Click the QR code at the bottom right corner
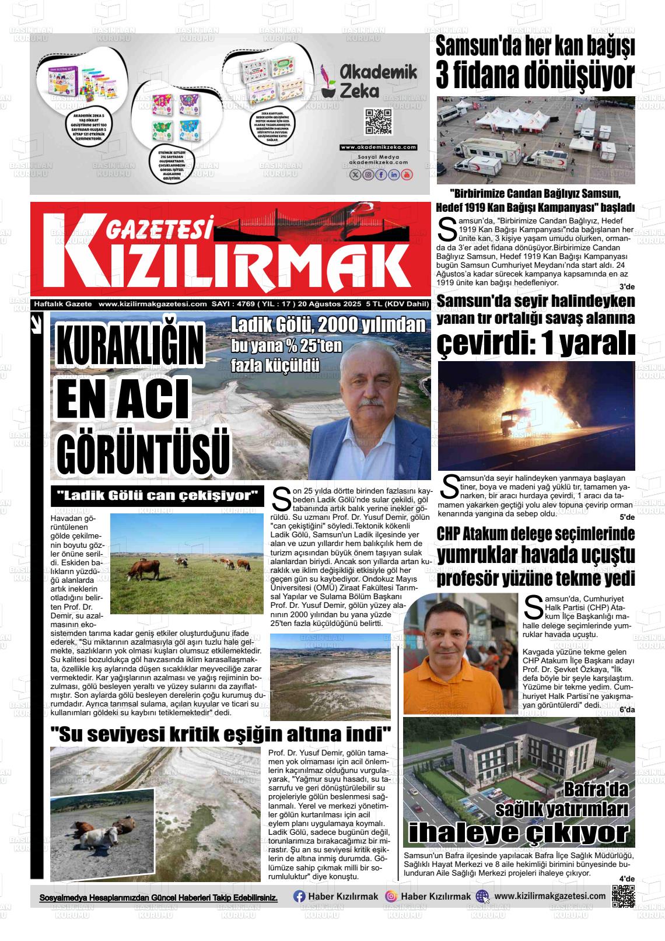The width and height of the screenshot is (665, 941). [x=623, y=896]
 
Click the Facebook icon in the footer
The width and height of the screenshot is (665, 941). [x=299, y=897]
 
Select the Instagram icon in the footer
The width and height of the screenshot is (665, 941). [x=391, y=897]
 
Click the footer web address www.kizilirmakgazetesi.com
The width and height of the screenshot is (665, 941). [x=549, y=896]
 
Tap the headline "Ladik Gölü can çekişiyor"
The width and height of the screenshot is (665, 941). [x=157, y=496]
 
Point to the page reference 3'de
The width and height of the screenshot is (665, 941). [x=626, y=286]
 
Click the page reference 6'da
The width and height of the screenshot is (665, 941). [x=627, y=709]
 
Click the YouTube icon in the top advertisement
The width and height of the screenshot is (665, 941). [x=407, y=174]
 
